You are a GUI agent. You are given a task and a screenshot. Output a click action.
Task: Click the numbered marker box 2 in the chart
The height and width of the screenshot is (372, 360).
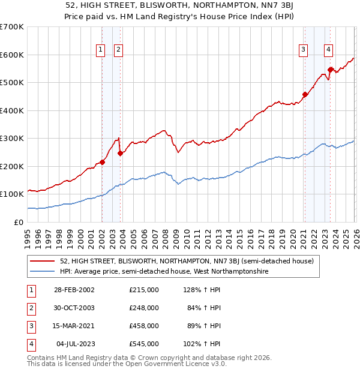pyautogui.click(x=118, y=50)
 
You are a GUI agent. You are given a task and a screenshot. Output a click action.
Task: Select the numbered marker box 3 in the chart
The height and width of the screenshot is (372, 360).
pyautogui.click(x=304, y=50)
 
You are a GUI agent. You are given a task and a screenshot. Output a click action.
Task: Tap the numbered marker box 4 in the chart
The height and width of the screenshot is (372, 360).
pyautogui.click(x=329, y=50)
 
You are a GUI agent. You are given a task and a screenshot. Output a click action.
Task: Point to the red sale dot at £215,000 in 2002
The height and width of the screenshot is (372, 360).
pyautogui.click(x=103, y=162)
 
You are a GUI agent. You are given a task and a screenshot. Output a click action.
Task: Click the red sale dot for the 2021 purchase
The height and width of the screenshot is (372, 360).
pyautogui.click(x=305, y=94)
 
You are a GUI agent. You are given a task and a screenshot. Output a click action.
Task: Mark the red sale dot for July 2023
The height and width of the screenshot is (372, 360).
pyautogui.click(x=330, y=70)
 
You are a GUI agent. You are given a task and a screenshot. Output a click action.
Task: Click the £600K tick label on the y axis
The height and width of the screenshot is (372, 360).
pyautogui.click(x=12, y=55)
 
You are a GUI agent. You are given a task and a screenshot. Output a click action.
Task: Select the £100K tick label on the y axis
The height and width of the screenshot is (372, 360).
pyautogui.click(x=12, y=194)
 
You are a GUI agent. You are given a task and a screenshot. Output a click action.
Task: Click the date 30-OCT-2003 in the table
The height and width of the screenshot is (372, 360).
pyautogui.click(x=74, y=308)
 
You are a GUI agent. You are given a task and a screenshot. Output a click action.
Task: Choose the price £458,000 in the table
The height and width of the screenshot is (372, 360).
pyautogui.click(x=143, y=326)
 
